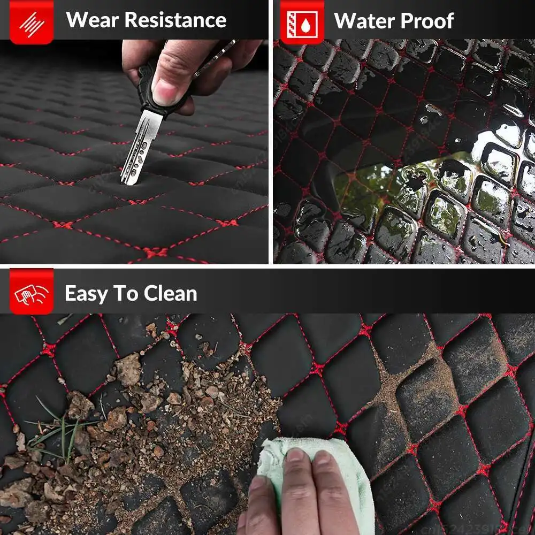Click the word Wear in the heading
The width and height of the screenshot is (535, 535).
coord(92,20)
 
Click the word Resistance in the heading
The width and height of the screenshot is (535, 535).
coord(175,20)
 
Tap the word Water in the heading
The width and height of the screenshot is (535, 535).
coord(364,21)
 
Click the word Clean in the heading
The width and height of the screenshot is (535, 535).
coord(170,293)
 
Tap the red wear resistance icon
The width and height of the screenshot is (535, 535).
coord(32,22)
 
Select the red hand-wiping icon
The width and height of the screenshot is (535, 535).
coord(32,292)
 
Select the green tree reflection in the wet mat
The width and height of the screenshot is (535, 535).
coord(365,191)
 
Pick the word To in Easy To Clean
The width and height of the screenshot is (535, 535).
coord(125,293)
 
